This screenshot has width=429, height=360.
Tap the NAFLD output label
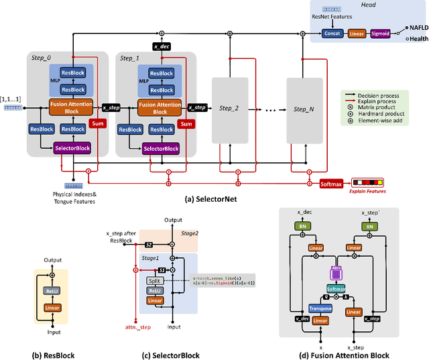tap(416, 28)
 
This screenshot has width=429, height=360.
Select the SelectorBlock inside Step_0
tap(72, 148)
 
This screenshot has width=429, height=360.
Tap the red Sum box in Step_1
tap(186, 123)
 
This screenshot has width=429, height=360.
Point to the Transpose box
tap(320, 308)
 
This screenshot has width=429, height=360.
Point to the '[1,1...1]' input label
tap(10, 99)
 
